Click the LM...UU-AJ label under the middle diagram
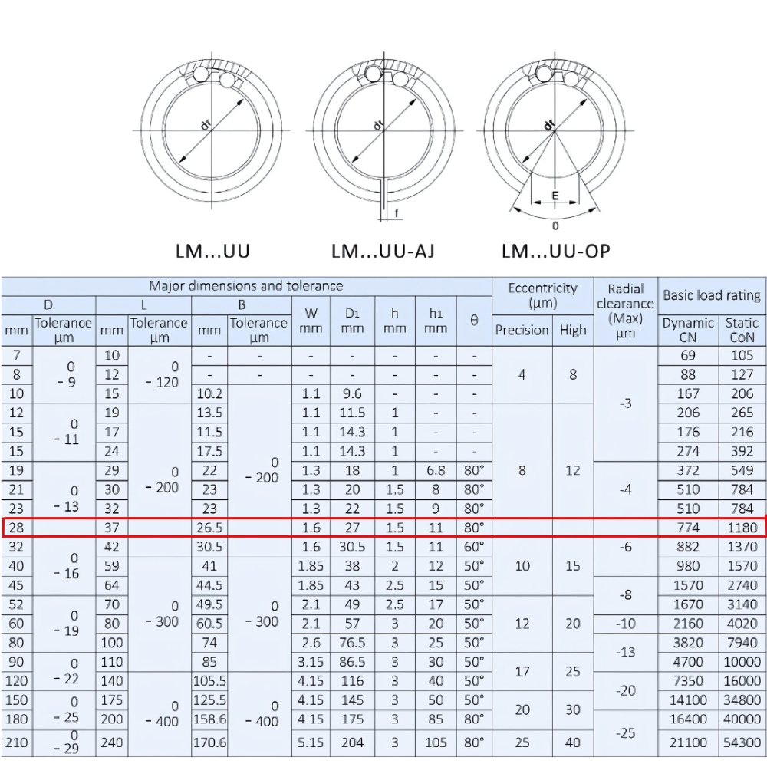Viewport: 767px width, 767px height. (x=383, y=251)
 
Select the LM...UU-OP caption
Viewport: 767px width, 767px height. (x=556, y=251)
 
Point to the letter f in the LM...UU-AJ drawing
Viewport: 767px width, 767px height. (x=396, y=213)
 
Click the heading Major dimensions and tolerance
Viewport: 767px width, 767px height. (x=245, y=286)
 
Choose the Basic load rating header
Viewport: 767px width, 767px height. (x=712, y=295)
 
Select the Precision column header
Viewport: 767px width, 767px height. (x=522, y=330)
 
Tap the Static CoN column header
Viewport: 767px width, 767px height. (x=742, y=330)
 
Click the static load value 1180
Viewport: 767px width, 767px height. (x=742, y=528)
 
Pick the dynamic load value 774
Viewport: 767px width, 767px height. (x=688, y=528)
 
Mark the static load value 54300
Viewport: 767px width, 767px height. (x=742, y=742)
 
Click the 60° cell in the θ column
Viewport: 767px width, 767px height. (x=474, y=547)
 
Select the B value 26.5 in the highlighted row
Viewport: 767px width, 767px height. (x=210, y=528)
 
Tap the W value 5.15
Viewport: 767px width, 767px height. (x=311, y=742)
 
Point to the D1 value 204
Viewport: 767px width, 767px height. (x=353, y=742)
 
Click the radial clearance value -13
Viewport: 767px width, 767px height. (x=626, y=652)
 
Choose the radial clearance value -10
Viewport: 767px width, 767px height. (x=626, y=624)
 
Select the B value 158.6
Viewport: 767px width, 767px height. (x=210, y=719)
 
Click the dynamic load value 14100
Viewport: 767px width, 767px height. (x=688, y=700)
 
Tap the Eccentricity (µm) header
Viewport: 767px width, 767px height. (x=542, y=295)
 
